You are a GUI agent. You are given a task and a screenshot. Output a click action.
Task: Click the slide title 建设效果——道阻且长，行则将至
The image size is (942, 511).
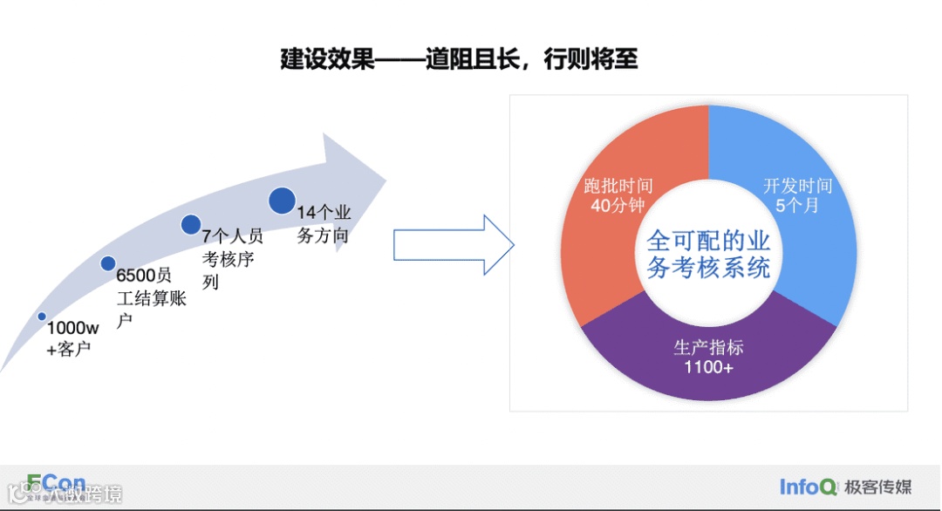click(460, 59)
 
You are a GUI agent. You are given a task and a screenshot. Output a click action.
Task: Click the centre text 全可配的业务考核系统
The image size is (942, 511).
click(708, 253)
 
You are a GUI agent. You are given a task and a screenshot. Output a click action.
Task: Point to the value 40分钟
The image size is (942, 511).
click(618, 206)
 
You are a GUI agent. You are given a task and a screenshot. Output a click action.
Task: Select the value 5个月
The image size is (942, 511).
click(797, 206)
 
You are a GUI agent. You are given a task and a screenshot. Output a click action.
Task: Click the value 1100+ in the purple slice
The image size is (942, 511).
click(708, 367)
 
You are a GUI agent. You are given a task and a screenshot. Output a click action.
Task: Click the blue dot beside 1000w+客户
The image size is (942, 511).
click(41, 317)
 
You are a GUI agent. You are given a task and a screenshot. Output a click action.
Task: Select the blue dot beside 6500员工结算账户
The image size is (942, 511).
click(108, 263)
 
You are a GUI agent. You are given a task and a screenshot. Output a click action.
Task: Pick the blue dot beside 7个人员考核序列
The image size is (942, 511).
click(191, 224)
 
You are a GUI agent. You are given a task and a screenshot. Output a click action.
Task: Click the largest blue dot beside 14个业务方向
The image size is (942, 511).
click(282, 201)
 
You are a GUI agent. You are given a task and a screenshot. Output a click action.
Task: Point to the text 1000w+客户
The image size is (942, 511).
click(72, 339)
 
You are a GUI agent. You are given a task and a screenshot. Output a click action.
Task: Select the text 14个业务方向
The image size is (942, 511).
click(324, 224)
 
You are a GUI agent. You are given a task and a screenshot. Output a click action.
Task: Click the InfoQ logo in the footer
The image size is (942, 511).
click(809, 487)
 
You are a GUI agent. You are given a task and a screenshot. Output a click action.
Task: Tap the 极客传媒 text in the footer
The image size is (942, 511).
click(879, 487)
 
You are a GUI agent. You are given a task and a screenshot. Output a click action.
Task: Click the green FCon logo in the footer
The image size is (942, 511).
click(56, 484)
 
